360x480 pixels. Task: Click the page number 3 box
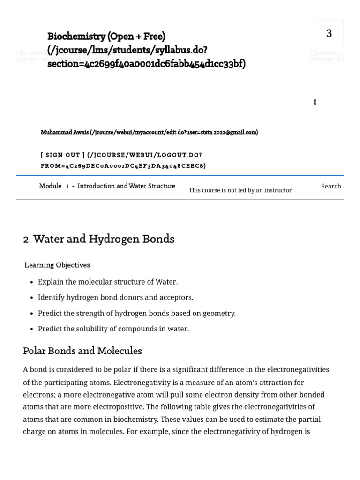(329, 33)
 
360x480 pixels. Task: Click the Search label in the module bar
(331, 186)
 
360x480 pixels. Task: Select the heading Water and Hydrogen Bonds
(104, 239)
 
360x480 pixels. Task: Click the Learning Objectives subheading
(57, 265)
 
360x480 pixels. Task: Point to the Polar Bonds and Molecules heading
(82, 351)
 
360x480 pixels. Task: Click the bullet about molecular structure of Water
(108, 282)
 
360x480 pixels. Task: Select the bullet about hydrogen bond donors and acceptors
(115, 297)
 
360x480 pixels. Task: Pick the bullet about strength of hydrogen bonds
(136, 313)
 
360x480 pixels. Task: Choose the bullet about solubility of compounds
(113, 329)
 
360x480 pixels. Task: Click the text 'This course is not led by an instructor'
(240, 190)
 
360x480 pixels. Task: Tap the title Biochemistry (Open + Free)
(106, 37)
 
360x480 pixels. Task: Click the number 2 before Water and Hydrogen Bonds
(26, 240)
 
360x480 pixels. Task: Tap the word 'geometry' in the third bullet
(219, 313)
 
